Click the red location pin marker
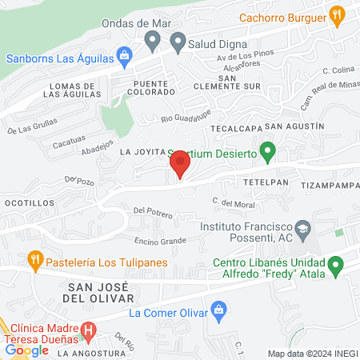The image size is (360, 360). pos(180,166)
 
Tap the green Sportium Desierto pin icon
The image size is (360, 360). pos(269,150)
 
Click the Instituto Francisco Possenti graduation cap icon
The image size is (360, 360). pos(302,230)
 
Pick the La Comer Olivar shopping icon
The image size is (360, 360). pos(218,310)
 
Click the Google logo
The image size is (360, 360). pos(27,350)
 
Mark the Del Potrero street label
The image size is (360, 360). pos(153,211)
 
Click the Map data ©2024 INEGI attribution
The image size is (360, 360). pos(312,354)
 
